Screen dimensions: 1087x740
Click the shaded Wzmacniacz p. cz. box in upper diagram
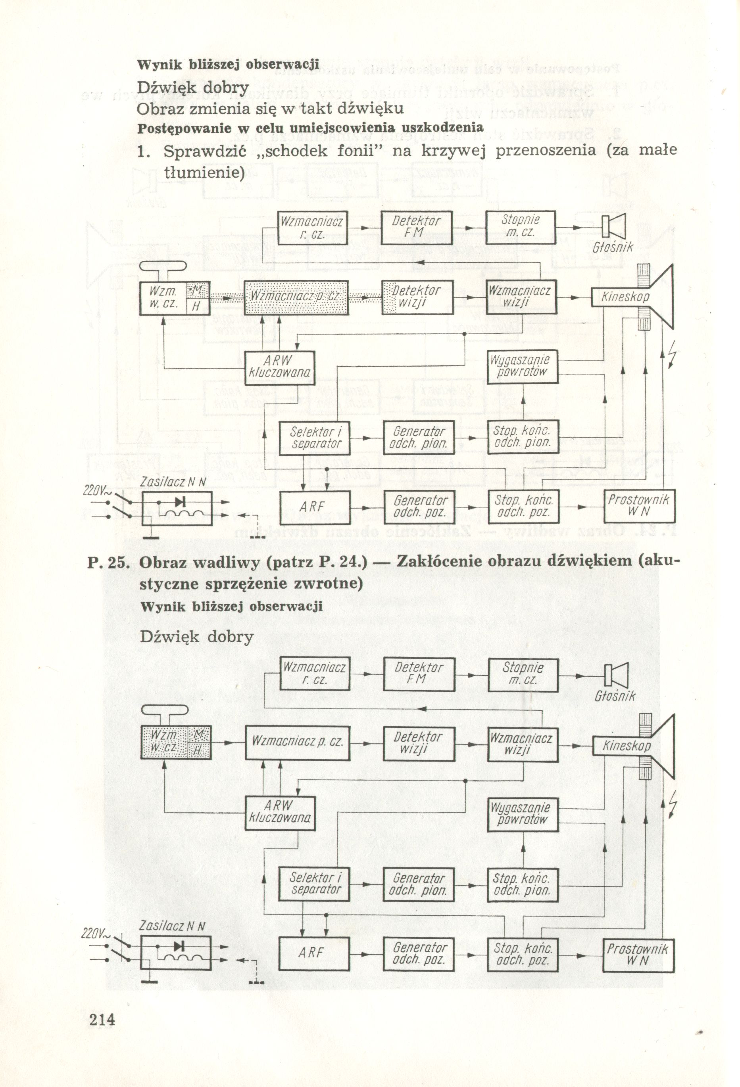click(x=296, y=297)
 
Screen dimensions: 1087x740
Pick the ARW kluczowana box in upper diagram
click(x=279, y=367)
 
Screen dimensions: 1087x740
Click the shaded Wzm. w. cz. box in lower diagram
click(x=164, y=742)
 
